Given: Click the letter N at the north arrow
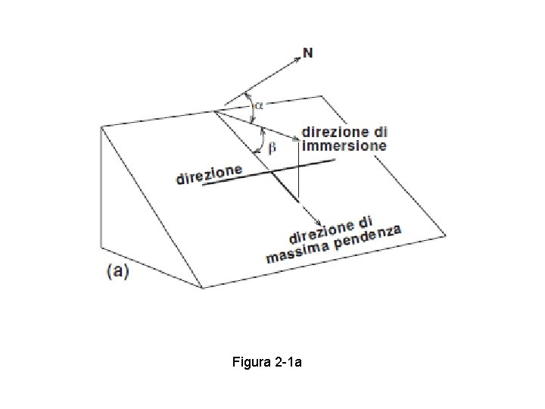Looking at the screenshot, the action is (x=307, y=53).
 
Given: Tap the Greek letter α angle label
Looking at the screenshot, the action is (x=259, y=105).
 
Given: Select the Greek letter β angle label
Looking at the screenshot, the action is (x=272, y=148).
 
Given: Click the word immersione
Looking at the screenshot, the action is (x=344, y=145).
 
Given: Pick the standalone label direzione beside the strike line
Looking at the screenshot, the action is (x=209, y=175).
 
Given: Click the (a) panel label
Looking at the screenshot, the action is (x=117, y=271).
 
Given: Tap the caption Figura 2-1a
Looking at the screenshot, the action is (x=267, y=362).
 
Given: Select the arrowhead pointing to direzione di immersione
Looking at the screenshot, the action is (x=295, y=139).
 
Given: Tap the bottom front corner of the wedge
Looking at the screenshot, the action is (x=202, y=288).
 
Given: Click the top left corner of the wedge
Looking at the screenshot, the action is (x=101, y=127).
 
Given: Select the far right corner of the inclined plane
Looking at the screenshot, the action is (x=446, y=236).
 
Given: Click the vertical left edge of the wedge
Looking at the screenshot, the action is (x=101, y=188).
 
